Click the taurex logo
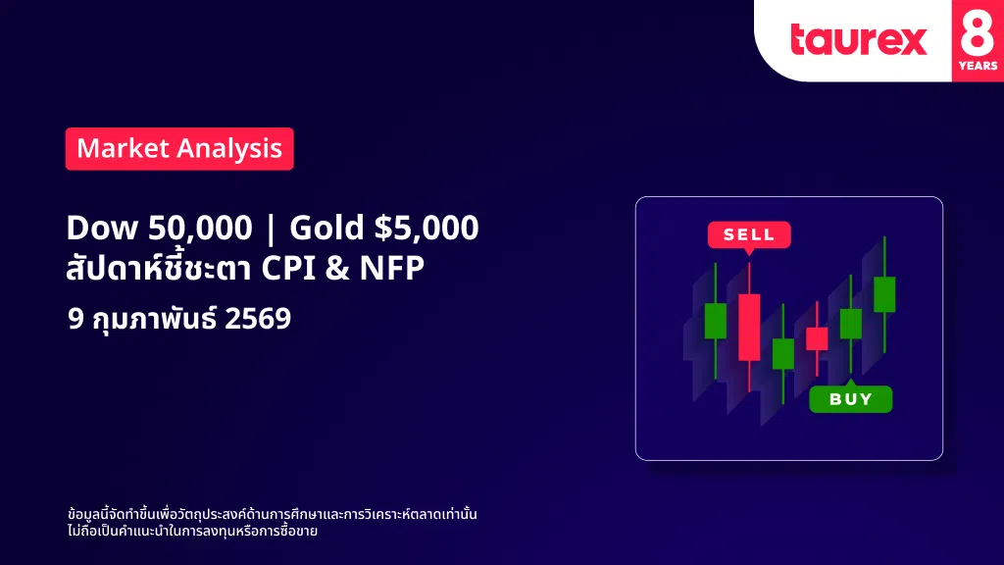(859, 39)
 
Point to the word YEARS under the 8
(978, 66)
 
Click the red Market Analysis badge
(179, 149)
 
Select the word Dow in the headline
(102, 228)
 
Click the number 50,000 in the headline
(200, 228)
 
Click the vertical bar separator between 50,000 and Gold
(271, 230)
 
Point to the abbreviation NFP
(392, 268)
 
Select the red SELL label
(749, 235)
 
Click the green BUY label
(851, 399)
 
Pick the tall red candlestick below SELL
(749, 327)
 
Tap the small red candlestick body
(817, 338)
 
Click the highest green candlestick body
(884, 294)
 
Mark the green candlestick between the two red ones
(783, 353)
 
